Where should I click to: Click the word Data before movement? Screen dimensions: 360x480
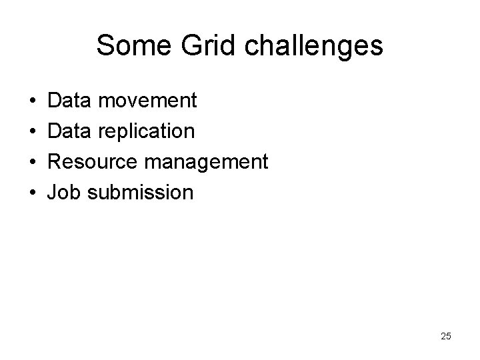coord(71,101)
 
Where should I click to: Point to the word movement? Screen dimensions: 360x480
coord(147,101)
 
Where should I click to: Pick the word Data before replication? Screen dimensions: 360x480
coord(71,131)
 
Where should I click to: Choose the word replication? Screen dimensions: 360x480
coord(147,131)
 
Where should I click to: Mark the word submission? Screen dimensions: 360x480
coord(141,193)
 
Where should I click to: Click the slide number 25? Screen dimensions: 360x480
coord(445,336)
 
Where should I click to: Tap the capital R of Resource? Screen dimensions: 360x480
coord(56,162)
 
